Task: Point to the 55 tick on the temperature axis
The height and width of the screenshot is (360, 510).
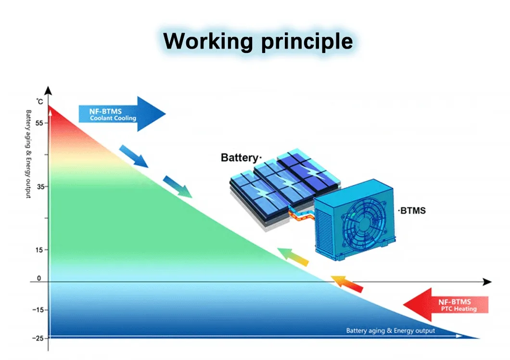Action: [39, 123]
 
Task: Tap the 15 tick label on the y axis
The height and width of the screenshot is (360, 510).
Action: [39, 250]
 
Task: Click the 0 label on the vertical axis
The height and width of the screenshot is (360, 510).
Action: [39, 279]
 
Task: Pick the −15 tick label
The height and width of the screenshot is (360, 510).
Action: [37, 309]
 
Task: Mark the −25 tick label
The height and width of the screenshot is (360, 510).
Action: [37, 338]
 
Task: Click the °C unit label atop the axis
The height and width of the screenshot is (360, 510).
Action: [40, 101]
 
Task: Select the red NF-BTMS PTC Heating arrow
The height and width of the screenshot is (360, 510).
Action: [445, 305]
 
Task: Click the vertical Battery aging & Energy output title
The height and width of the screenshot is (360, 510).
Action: [28, 154]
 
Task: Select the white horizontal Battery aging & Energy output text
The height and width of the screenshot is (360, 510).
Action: [390, 331]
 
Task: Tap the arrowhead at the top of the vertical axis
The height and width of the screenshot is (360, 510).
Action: [48, 90]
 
